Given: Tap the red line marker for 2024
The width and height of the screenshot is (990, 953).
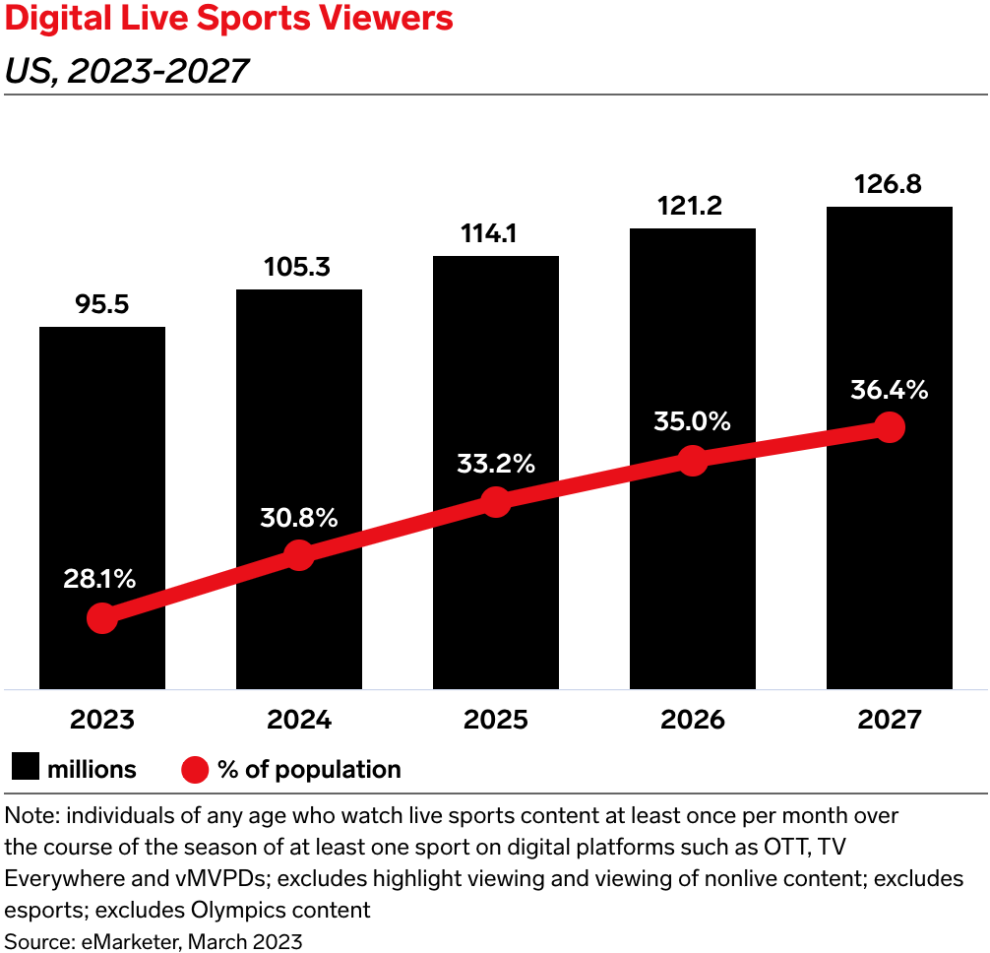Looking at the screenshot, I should (x=299, y=554).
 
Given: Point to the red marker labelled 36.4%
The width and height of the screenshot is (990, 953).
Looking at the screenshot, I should (x=890, y=427).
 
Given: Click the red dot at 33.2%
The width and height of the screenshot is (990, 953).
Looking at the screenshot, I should (x=496, y=501).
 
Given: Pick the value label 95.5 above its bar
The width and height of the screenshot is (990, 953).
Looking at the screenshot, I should (x=102, y=305).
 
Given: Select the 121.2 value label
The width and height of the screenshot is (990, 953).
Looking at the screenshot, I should (x=693, y=207).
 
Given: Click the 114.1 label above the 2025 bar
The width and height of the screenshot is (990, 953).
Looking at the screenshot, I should (x=496, y=235).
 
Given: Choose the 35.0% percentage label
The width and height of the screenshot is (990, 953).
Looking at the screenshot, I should (x=693, y=422).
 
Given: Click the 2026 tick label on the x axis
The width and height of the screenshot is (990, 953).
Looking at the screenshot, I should (x=693, y=720).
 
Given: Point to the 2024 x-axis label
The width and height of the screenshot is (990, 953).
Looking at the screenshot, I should (x=299, y=720).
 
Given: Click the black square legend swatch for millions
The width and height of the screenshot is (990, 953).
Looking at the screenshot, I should (x=26, y=769).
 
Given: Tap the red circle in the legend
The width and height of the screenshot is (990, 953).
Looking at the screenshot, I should (x=195, y=769).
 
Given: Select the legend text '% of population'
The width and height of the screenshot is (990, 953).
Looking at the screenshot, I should (x=309, y=769).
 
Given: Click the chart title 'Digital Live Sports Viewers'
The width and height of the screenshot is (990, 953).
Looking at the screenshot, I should (x=229, y=20).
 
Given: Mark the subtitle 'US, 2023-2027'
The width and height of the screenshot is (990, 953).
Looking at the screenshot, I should (x=126, y=70).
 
